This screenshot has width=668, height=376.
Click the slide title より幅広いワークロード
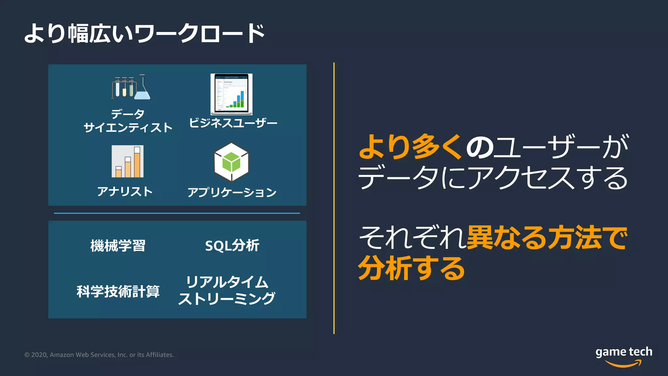pyautogui.click(x=144, y=33)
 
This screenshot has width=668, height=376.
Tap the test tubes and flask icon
pyautogui.click(x=131, y=87)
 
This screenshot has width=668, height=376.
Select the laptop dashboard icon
pyautogui.click(x=232, y=94)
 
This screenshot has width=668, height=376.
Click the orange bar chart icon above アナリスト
pyautogui.click(x=128, y=162)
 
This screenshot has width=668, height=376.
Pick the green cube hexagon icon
pyautogui.click(x=231, y=162)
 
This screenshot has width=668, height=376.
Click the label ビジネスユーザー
pyautogui.click(x=233, y=123)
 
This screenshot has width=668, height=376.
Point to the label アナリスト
pyautogui.click(x=125, y=192)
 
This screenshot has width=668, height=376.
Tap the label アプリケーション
pyautogui.click(x=232, y=192)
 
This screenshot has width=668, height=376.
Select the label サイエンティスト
pyautogui.click(x=128, y=128)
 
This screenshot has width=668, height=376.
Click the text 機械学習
pyautogui.click(x=118, y=246)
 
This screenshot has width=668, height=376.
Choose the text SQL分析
pyautogui.click(x=232, y=246)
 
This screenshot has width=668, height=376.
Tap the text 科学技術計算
pyautogui.click(x=118, y=291)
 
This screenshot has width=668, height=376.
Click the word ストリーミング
pyautogui.click(x=227, y=299)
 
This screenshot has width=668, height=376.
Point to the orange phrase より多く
pyautogui.click(x=410, y=147)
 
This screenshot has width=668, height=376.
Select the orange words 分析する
pyautogui.click(x=411, y=268)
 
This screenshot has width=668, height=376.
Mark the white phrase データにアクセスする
pyautogui.click(x=493, y=178)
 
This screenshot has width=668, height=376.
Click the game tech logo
pyautogui.click(x=624, y=356)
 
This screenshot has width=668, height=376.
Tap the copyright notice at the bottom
pyautogui.click(x=99, y=355)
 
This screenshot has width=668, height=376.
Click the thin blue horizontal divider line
pyautogui.click(x=177, y=213)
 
